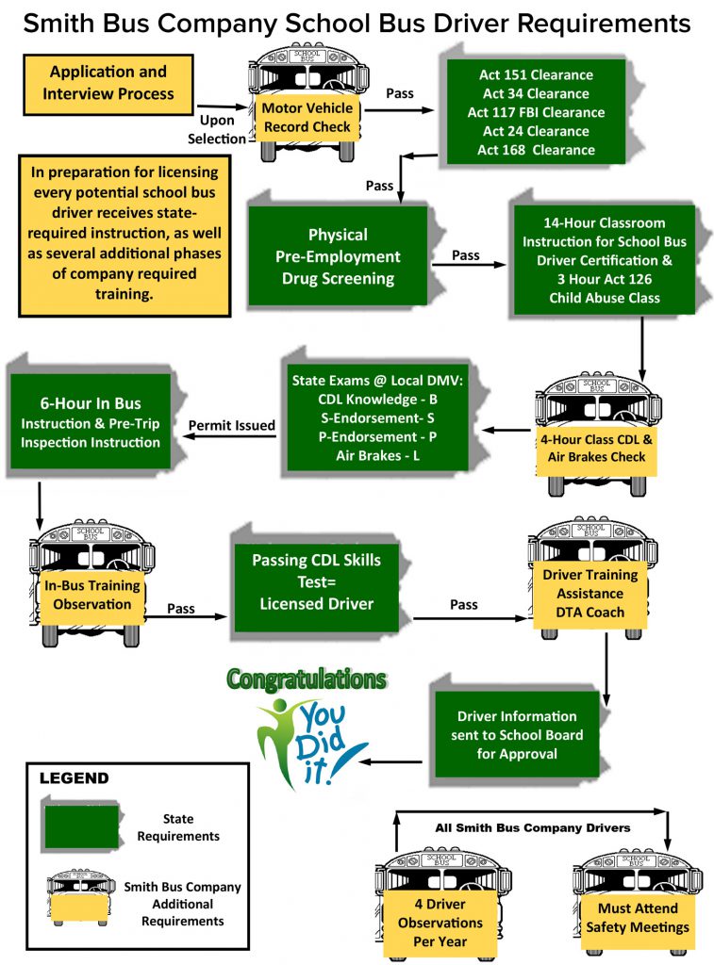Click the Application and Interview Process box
point(108,82)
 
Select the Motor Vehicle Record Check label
point(307,117)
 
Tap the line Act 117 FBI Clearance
point(535,112)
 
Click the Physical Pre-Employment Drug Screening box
point(338,256)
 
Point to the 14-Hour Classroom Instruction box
point(604,260)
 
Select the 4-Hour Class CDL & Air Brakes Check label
point(593,448)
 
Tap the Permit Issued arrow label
point(232,426)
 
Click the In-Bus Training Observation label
point(92,595)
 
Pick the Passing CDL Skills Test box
point(317,581)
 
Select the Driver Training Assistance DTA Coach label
point(589,593)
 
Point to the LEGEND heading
point(74,778)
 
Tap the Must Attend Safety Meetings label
point(637,918)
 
